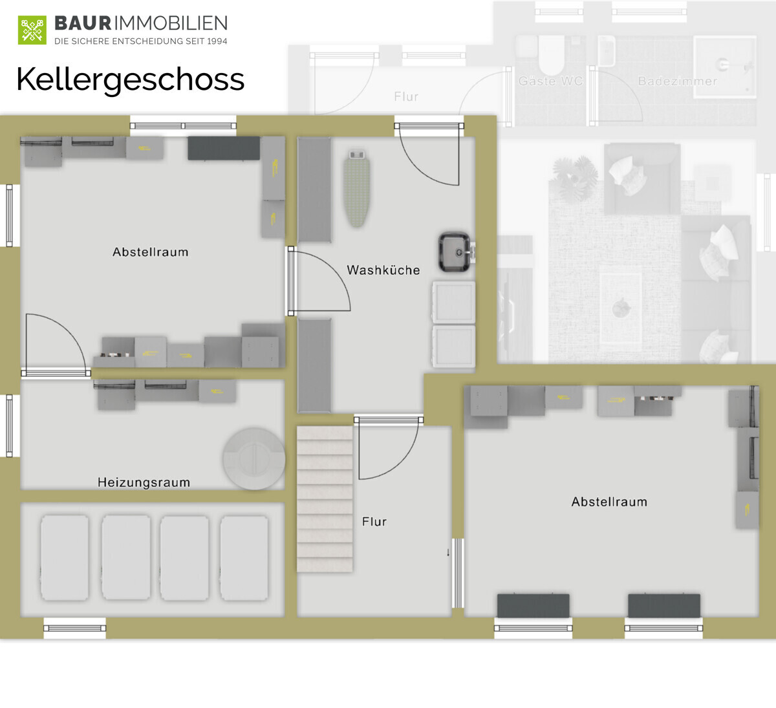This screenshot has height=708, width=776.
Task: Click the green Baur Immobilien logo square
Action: tap(32, 30)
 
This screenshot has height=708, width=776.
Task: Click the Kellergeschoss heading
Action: tap(131, 80)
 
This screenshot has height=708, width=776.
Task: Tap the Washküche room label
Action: tap(383, 270)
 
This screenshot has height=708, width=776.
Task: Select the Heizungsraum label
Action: tap(144, 482)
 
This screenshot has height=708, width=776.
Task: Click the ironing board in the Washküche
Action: tap(357, 188)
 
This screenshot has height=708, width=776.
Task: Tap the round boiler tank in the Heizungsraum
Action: tap(254, 458)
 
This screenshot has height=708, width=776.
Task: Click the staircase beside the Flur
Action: tap(325, 499)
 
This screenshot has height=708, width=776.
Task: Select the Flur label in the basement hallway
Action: tap(374, 522)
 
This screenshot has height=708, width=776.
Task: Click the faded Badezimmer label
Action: tap(677, 81)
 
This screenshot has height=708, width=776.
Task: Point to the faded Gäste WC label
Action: tap(550, 81)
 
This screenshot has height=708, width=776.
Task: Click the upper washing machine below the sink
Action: tap(454, 302)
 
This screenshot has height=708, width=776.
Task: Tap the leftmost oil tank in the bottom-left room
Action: tap(65, 558)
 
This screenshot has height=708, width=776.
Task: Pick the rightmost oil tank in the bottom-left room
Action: tap(244, 558)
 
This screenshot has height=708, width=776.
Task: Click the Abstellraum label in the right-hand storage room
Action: tap(609, 502)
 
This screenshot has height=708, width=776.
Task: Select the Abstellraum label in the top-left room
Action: tap(151, 252)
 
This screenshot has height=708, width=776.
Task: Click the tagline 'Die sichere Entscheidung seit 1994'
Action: tap(141, 41)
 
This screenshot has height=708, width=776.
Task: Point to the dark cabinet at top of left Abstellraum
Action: tap(224, 148)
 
